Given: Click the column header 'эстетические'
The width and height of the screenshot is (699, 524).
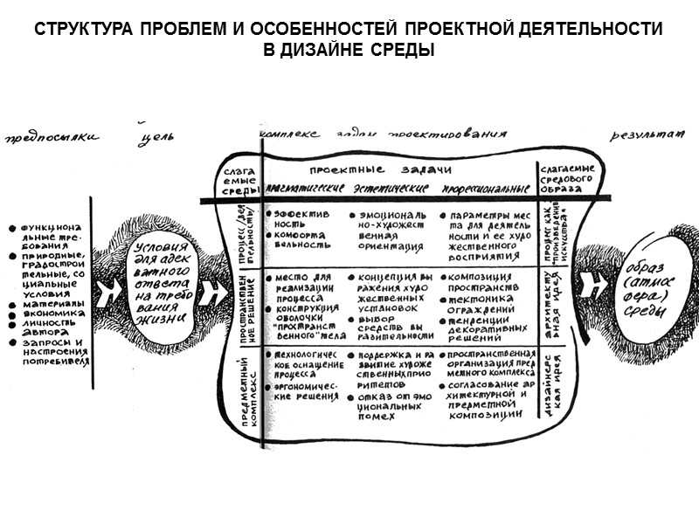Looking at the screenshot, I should point(392,189).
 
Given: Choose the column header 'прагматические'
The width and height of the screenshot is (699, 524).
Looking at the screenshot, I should point(304,189).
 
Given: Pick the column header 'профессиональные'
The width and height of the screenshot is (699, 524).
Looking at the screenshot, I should point(486,190).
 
